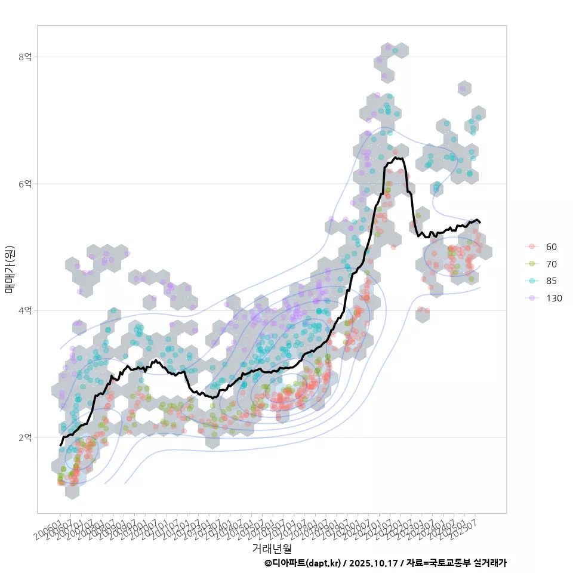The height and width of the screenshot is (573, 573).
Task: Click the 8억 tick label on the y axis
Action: (x=24, y=57)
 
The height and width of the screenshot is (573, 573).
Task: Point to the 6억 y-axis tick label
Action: (x=24, y=184)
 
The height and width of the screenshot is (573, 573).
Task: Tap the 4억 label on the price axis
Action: (x=24, y=310)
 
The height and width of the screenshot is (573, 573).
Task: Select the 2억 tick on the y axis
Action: (x=24, y=438)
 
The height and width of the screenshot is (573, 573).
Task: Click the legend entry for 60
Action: (x=552, y=247)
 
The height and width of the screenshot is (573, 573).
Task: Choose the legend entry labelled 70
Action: (x=552, y=264)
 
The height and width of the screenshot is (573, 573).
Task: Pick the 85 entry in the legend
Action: (x=552, y=281)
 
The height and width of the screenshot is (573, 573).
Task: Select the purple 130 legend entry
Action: (x=554, y=298)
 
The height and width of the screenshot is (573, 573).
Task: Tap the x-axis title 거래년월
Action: (x=272, y=547)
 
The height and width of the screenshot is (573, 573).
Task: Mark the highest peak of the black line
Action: (x=396, y=158)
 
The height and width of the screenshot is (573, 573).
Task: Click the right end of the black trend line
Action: (x=480, y=222)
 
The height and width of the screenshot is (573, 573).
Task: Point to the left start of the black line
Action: (x=60, y=445)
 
